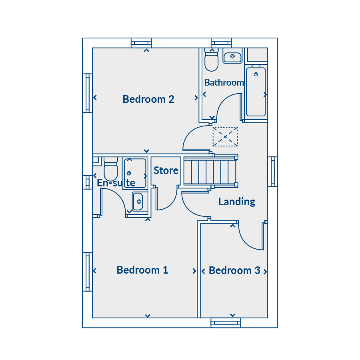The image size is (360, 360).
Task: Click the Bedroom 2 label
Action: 148,99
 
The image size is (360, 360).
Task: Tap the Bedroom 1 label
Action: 142,270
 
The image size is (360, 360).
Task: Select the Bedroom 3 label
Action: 234,270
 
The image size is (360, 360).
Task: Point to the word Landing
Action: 237,202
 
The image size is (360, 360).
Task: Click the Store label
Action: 166,170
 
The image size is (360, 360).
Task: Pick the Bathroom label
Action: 224,82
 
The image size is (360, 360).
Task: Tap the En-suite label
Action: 116,183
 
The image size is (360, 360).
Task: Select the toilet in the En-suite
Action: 111,169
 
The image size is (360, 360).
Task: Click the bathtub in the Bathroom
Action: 256,91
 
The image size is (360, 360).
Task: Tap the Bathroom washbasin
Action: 232,56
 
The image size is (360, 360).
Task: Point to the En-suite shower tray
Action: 135,173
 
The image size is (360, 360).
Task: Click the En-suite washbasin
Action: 138,201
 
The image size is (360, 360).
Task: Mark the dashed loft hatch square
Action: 225,137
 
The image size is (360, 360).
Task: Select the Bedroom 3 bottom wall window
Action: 226,323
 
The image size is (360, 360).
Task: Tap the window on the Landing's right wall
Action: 272,172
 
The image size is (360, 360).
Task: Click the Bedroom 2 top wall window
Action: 141,43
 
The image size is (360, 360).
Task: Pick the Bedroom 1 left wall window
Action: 88,272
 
